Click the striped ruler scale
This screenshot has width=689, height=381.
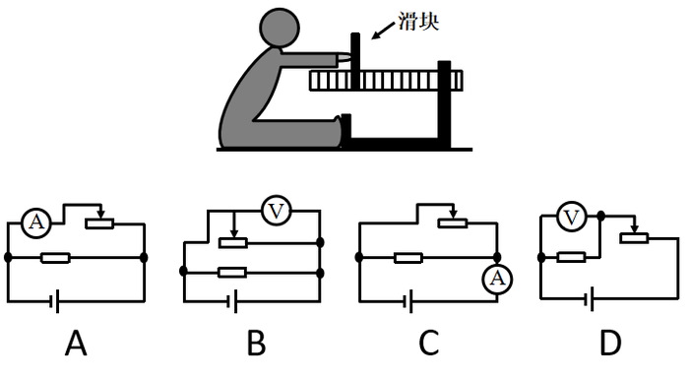coord(385,81)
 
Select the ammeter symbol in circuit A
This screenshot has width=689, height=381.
coord(35,223)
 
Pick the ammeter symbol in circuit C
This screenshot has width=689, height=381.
coord(497,281)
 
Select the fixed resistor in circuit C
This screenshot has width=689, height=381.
coord(408,258)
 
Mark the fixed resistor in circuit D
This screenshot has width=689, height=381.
coord(572,257)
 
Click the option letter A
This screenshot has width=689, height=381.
coord(77,345)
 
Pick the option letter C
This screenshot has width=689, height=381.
coord(429,345)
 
